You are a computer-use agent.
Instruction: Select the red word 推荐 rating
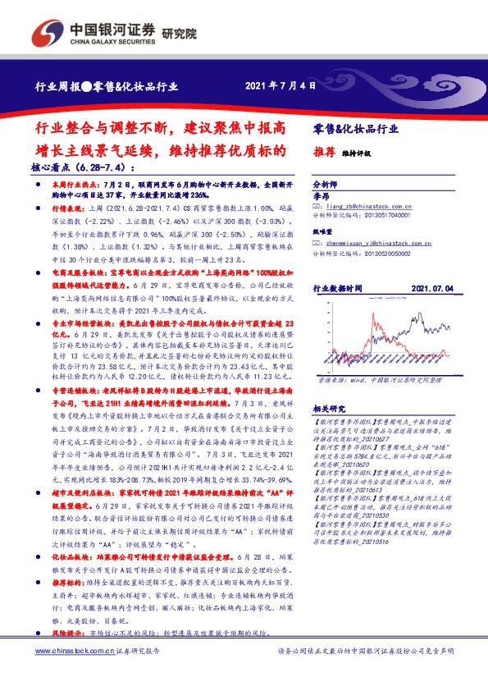[x=324, y=153]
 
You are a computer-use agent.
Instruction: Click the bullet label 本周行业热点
[x=73, y=186]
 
